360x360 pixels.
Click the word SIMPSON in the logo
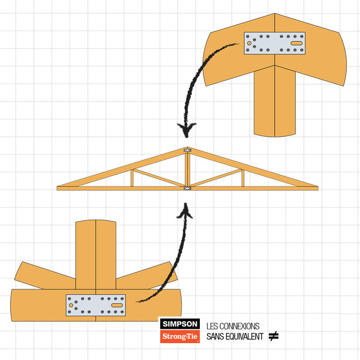[x=180, y=324]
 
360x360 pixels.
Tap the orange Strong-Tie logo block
[x=180, y=337]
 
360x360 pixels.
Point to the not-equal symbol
[x=274, y=336]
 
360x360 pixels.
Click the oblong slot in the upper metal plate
[x=296, y=43]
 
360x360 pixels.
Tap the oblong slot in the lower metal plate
[x=117, y=305]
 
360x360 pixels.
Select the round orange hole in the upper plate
[x=249, y=43]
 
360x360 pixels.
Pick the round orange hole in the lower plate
[x=71, y=305]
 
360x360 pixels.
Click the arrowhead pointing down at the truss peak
[x=187, y=130]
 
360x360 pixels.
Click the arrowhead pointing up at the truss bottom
[x=185, y=210]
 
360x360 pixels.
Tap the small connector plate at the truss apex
[x=187, y=150]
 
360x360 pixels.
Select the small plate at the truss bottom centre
[x=187, y=188]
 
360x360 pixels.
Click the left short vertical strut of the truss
[x=132, y=178]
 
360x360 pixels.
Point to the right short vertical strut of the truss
[x=243, y=178]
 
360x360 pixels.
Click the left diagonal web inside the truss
[x=159, y=178]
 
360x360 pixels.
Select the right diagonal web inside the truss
[x=216, y=178]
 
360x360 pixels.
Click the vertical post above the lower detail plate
[x=96, y=254]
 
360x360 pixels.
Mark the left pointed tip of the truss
[x=57, y=187]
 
